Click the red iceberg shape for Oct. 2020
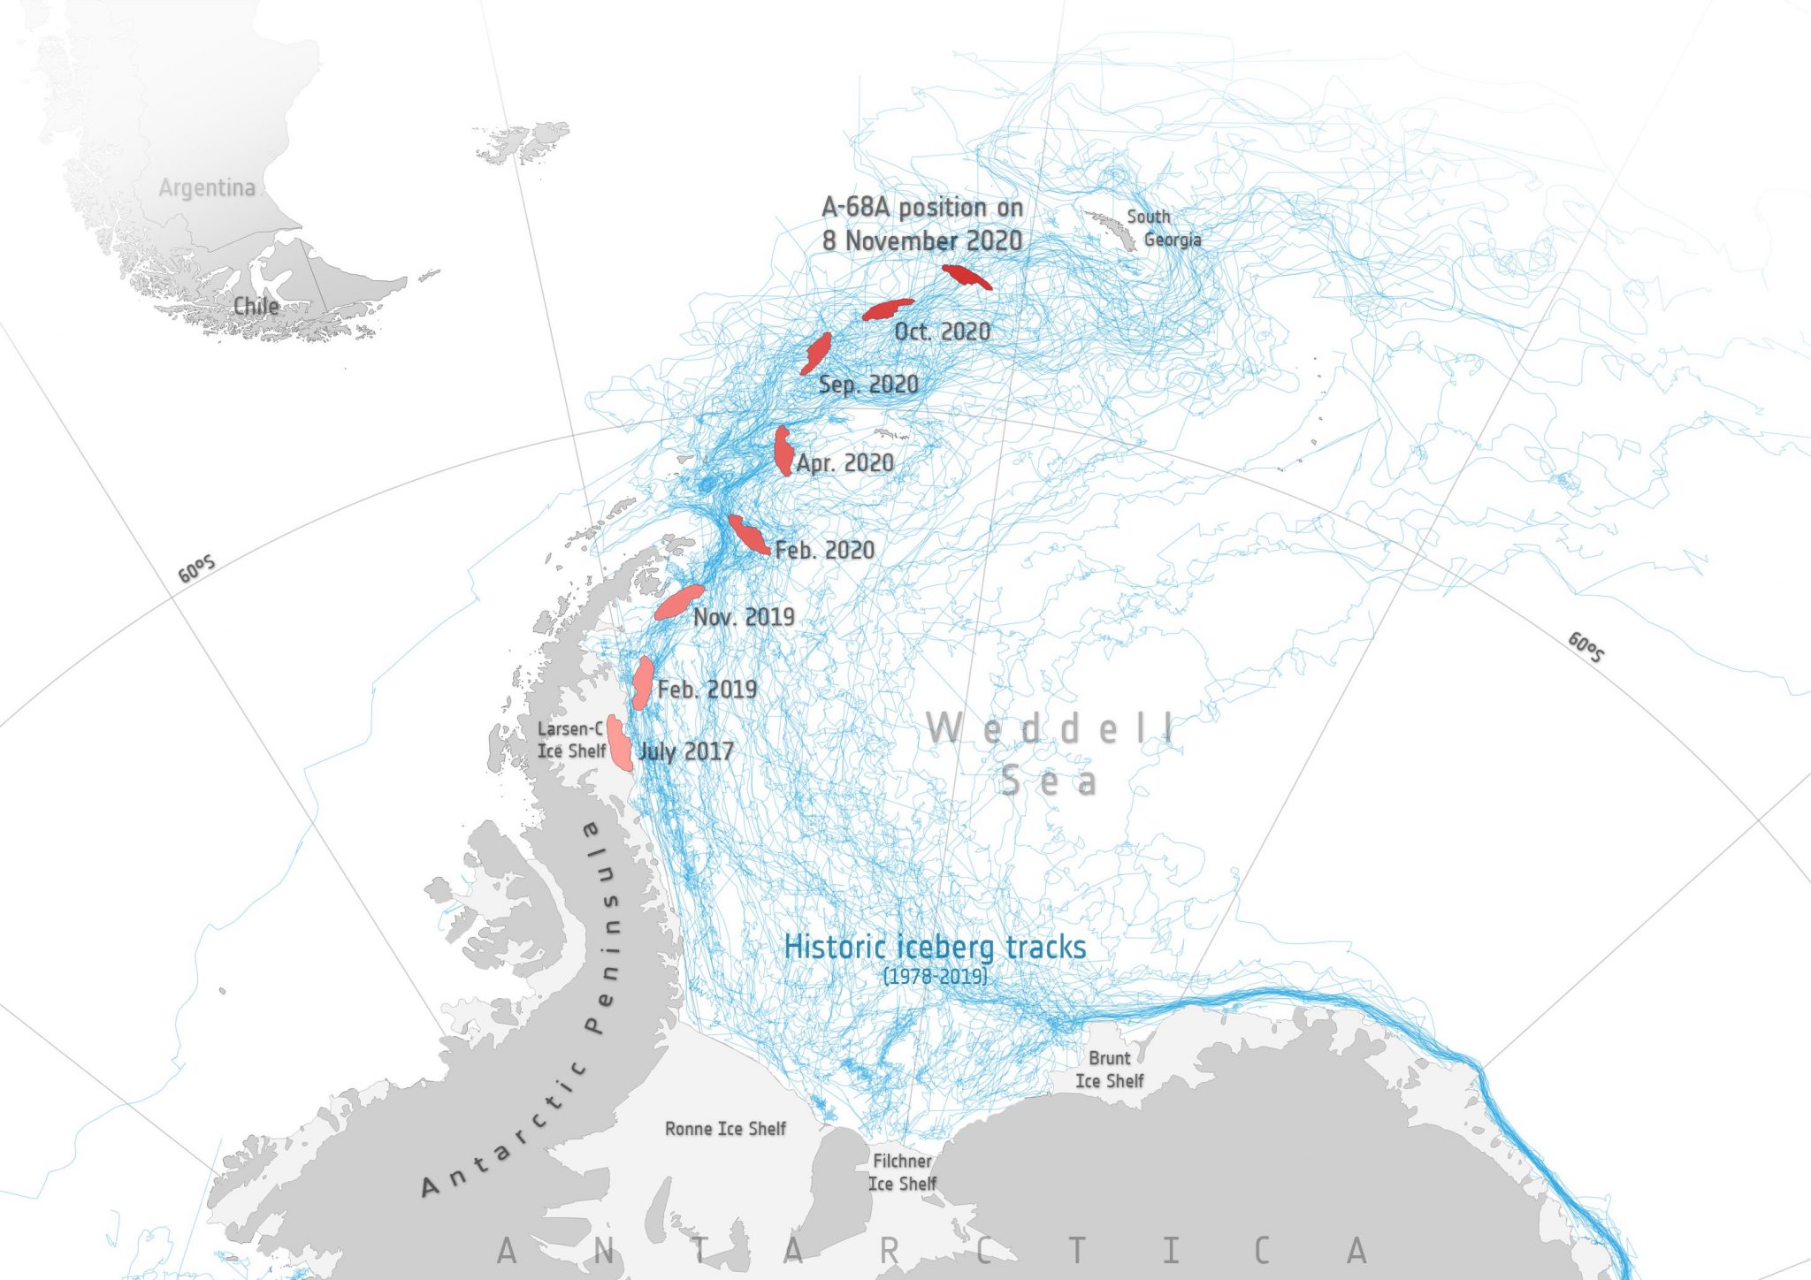coord(887,309)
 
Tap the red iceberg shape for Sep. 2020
coord(816,353)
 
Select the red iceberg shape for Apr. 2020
coord(783,451)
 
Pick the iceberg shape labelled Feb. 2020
coord(748,535)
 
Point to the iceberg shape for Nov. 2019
coord(679,601)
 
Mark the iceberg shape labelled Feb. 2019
coord(643,682)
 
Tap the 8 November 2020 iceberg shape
coord(967,277)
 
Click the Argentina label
coord(207,187)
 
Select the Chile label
coord(256,306)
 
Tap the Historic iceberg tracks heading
coord(935,947)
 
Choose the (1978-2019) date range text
coord(935,976)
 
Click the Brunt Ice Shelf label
coord(1109,1070)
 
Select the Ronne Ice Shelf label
coord(725,1129)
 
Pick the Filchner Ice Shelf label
coord(902,1172)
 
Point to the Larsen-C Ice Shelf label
coord(571,740)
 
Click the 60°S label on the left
coord(196,570)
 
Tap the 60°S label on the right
coord(1586,647)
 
